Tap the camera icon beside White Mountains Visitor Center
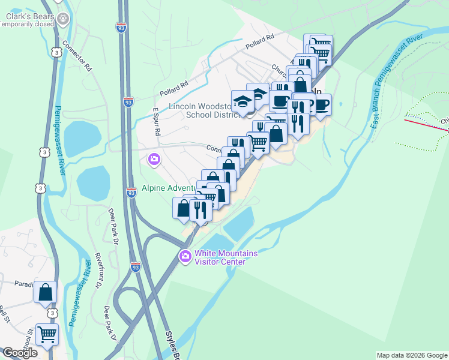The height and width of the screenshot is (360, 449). click(x=185, y=257)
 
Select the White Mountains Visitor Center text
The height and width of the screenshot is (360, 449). click(x=220, y=257)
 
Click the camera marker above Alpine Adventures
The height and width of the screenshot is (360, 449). click(x=154, y=160)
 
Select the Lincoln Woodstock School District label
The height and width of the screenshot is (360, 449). click(x=199, y=110)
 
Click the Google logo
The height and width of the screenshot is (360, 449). click(x=20, y=353)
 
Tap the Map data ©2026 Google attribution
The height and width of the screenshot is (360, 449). click(x=412, y=355)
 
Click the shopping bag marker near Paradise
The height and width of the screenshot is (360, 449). click(x=46, y=293)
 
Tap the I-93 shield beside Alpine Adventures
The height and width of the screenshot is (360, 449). click(x=131, y=193)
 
